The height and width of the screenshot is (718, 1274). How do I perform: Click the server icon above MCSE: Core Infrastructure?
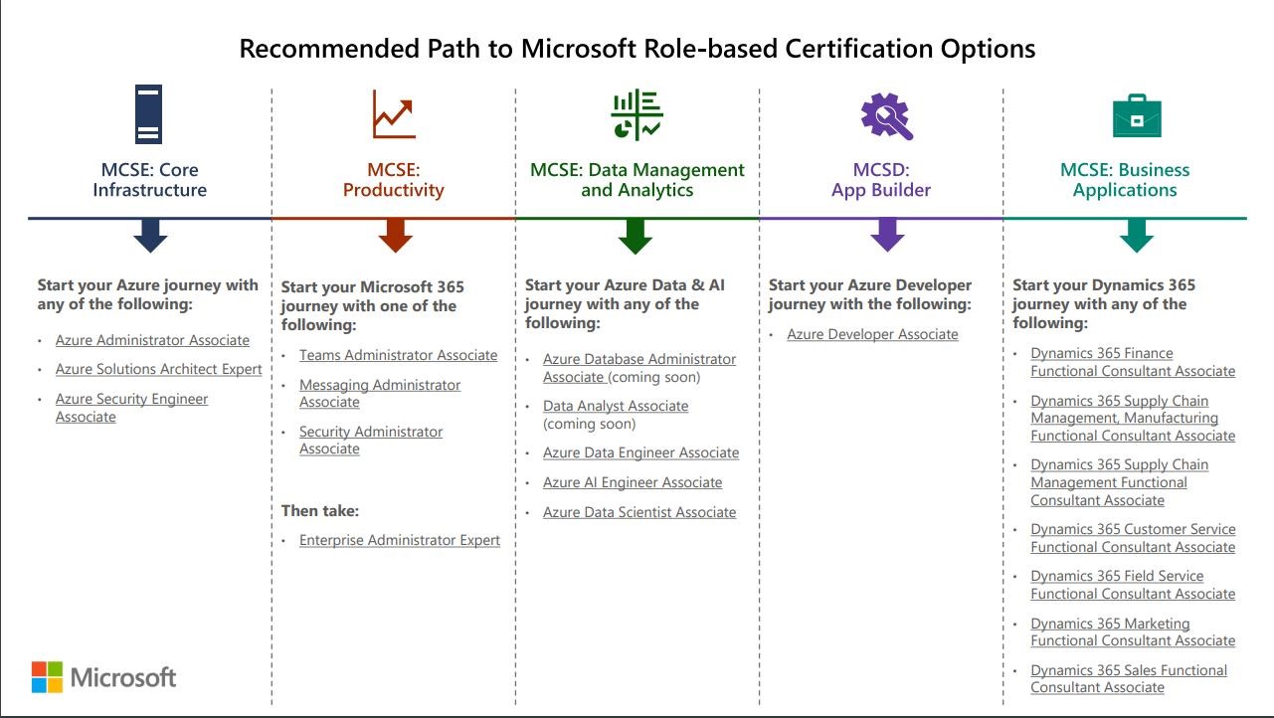(148, 114)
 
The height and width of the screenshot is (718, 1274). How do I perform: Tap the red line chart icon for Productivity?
(394, 114)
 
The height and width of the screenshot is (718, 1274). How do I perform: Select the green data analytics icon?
(637, 114)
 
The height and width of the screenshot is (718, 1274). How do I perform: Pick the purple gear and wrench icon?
(886, 115)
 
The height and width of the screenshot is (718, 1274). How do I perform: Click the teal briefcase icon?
(1136, 116)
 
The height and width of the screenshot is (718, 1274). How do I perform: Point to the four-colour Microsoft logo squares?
(47, 676)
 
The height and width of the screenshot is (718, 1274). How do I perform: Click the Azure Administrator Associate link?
(152, 340)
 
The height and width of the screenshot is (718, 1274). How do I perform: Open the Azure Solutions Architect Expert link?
(159, 369)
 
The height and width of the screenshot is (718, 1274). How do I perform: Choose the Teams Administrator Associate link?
(398, 355)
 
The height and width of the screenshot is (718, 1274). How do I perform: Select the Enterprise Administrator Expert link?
(400, 540)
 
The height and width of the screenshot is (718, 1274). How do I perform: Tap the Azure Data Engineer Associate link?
(640, 452)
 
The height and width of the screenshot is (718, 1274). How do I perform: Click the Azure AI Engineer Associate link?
(633, 482)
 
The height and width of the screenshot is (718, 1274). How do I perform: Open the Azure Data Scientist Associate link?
(639, 512)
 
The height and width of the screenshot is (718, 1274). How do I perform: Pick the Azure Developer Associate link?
(872, 334)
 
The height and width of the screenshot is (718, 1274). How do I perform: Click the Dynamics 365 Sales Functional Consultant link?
(1129, 678)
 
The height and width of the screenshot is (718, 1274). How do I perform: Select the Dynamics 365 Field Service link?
(1132, 585)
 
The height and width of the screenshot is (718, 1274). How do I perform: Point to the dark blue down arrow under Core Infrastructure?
(150, 236)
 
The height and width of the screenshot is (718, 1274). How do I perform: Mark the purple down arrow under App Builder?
(887, 236)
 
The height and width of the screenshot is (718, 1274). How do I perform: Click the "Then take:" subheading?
(320, 511)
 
